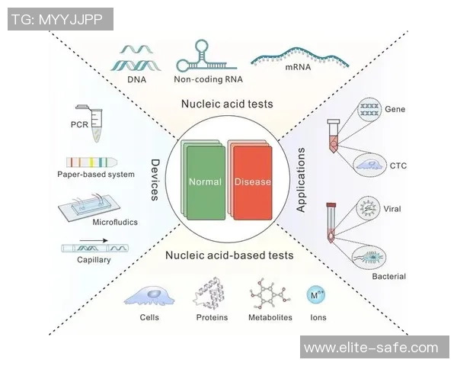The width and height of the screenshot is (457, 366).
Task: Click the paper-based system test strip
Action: point(95,162)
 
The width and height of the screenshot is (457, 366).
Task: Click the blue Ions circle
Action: point(315,294)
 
